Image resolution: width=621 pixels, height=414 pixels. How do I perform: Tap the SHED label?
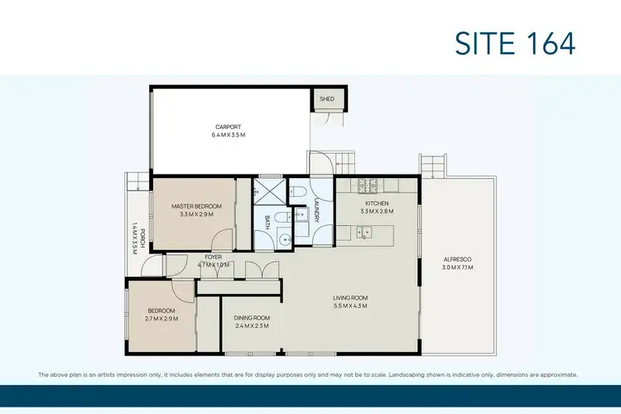click(326, 99)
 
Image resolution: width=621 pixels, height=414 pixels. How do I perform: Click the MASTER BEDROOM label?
click(196, 206)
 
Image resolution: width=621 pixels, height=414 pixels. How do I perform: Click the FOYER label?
click(214, 258)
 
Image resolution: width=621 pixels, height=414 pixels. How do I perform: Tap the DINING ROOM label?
click(251, 318)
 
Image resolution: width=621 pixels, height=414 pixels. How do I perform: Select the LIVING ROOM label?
click(350, 297)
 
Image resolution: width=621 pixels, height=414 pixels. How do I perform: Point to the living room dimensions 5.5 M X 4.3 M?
click(350, 306)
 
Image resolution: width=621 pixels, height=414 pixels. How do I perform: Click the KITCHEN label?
click(377, 203)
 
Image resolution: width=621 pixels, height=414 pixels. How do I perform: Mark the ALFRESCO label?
click(456, 259)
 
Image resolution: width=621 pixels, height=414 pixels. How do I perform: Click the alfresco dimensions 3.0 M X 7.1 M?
click(456, 267)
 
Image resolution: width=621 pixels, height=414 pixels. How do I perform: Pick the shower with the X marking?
click(268, 190)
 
